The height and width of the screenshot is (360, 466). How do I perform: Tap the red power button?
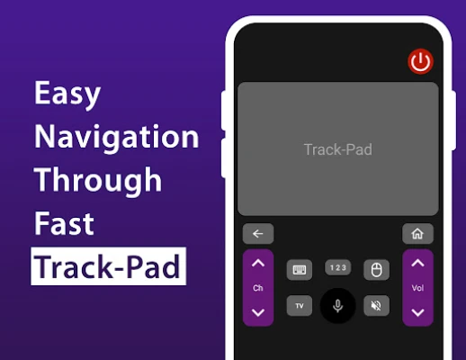(420, 61)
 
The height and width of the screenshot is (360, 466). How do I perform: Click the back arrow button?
(258, 233)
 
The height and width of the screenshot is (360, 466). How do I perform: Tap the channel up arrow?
(258, 263)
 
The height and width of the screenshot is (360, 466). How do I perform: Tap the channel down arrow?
(258, 312)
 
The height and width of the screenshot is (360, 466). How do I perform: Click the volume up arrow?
(417, 263)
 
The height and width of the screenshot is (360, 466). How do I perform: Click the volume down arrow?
(417, 312)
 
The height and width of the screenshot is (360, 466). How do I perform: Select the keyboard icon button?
(300, 270)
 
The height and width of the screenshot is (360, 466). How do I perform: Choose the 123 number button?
(338, 267)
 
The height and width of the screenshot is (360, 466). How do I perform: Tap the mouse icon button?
(377, 270)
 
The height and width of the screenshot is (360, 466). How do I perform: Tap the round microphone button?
(338, 306)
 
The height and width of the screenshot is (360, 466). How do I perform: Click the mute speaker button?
(377, 306)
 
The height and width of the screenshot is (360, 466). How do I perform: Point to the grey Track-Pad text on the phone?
(338, 149)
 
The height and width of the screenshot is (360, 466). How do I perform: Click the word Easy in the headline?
(67, 94)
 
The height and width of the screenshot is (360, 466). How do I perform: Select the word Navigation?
(117, 137)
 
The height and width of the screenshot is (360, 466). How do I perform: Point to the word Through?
(98, 181)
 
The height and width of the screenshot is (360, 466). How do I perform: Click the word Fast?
(64, 223)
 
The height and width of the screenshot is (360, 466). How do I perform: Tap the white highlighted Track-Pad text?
(108, 266)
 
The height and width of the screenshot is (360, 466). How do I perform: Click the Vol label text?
(417, 288)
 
